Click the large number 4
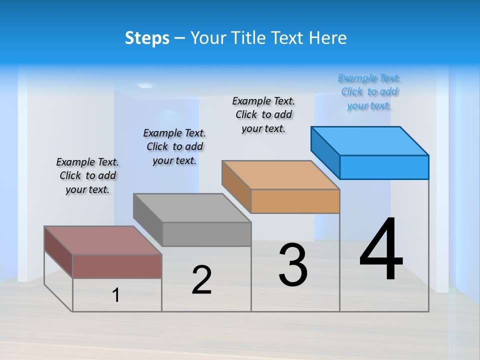coord(381,249)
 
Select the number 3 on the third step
coord(292,265)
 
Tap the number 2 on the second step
coord(201,280)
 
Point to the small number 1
coord(116,295)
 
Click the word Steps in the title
coord(147,38)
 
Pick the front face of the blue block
coord(384,167)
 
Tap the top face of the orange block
coord(280,175)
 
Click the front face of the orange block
coord(295,201)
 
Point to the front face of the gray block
coord(206,234)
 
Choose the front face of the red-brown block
coord(117,266)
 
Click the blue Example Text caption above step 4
coord(369,92)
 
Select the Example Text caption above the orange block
coord(263,114)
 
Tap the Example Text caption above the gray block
coord(174,146)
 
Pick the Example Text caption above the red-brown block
coord(87,175)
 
